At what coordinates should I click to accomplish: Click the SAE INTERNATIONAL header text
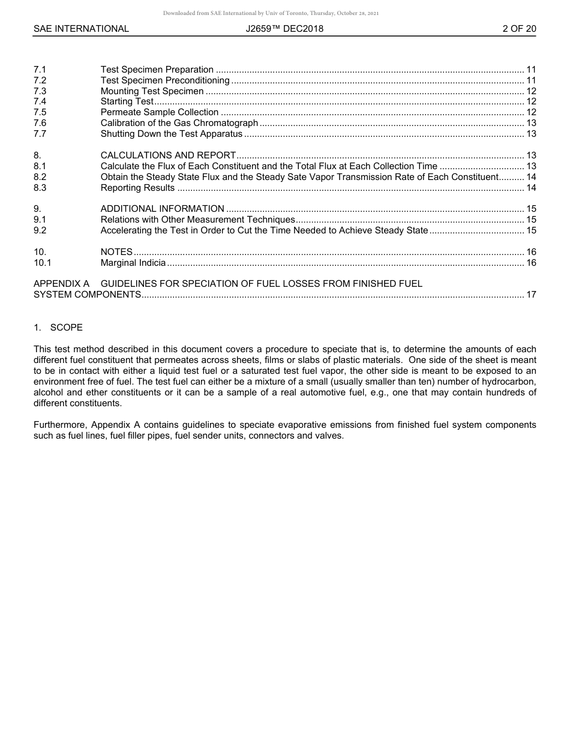click(81, 29)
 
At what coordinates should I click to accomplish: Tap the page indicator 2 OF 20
click(519, 29)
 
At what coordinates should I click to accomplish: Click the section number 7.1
click(40, 70)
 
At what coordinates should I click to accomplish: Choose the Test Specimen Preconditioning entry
click(165, 80)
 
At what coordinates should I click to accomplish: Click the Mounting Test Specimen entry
click(152, 91)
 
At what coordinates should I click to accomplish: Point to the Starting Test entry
click(127, 102)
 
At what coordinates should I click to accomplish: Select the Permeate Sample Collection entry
click(160, 113)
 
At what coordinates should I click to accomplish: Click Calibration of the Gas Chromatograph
click(179, 124)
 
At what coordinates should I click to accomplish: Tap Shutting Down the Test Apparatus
click(172, 134)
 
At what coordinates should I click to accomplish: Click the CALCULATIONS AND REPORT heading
click(168, 156)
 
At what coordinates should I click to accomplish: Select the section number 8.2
click(40, 178)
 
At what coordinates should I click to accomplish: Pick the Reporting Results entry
click(138, 188)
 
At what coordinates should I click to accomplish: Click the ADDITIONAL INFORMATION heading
click(163, 209)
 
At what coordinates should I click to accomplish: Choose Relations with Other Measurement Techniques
click(198, 220)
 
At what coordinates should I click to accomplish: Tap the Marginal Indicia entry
click(133, 263)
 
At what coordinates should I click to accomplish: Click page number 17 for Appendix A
click(531, 295)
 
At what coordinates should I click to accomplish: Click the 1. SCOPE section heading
click(58, 328)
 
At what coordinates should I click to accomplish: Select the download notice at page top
click(271, 13)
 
